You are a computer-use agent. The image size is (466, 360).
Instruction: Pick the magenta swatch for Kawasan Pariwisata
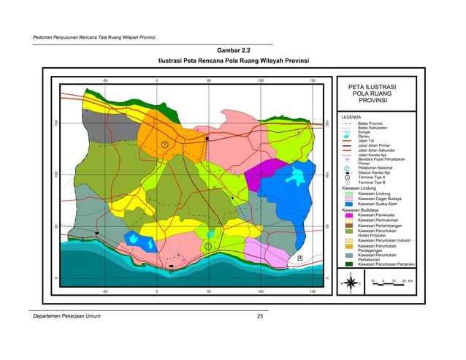[x=348, y=215]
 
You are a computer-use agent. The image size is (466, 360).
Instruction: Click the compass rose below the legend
[x=353, y=283]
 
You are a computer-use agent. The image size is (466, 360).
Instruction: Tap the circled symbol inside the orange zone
[x=165, y=145]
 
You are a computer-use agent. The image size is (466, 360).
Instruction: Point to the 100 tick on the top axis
[x=261, y=80]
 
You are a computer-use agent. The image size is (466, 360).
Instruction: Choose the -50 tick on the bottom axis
[x=104, y=291]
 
